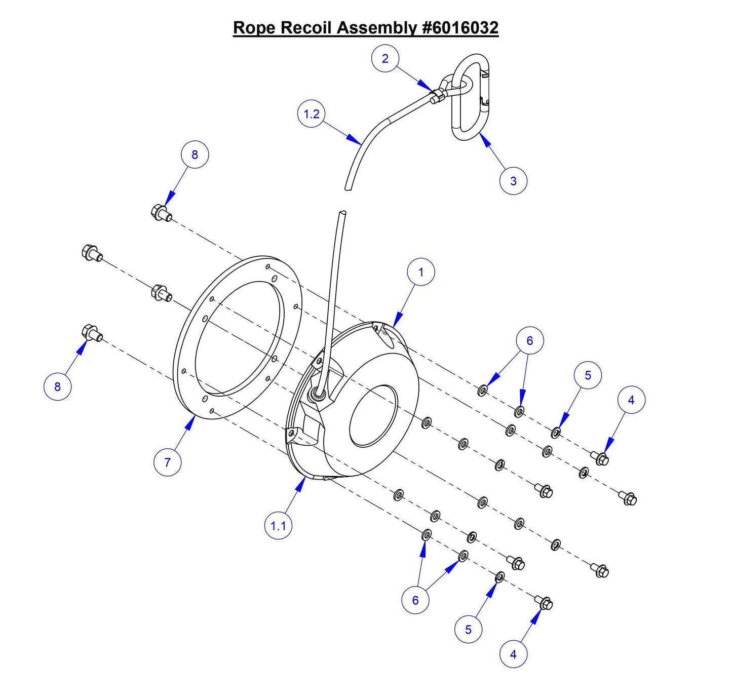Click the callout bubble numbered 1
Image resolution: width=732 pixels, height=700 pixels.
[420, 272]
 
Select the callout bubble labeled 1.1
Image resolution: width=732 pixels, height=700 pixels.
[278, 526]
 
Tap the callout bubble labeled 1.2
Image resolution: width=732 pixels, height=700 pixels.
[311, 114]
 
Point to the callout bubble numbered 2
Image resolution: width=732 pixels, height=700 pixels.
[385, 59]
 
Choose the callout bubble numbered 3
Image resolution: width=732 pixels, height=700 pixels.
[513, 181]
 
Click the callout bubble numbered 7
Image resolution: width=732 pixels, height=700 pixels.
[167, 462]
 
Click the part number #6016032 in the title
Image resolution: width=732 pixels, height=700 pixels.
[460, 27]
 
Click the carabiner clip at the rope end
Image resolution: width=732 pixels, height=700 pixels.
[471, 97]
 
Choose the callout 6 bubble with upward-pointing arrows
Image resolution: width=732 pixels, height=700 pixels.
[415, 600]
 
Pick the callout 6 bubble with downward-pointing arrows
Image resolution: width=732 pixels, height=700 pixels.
[529, 340]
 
